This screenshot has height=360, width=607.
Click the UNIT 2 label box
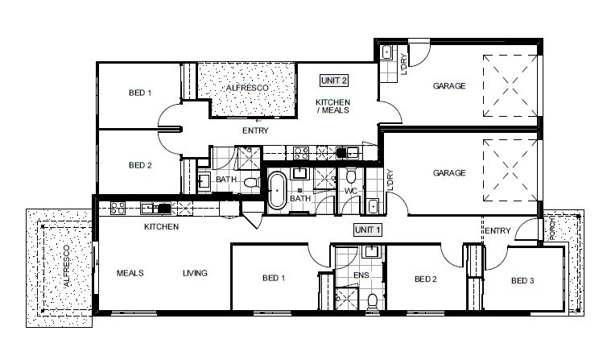click(x=333, y=80)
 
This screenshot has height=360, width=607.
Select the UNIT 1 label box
click(x=367, y=230)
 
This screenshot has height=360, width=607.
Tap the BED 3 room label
click(x=522, y=280)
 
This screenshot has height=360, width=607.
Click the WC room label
click(x=350, y=191)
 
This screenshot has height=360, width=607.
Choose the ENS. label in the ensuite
click(x=361, y=275)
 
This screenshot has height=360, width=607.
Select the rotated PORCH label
click(x=551, y=230)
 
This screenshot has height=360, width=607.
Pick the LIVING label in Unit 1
click(x=194, y=273)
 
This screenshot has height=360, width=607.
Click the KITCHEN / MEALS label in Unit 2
click(x=332, y=106)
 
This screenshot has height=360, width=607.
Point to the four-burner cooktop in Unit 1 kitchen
click(x=117, y=208)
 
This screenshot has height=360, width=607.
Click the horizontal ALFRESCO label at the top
click(x=246, y=86)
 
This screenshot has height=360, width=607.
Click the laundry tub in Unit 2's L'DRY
click(x=386, y=54)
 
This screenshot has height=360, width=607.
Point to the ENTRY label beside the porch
click(x=498, y=231)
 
